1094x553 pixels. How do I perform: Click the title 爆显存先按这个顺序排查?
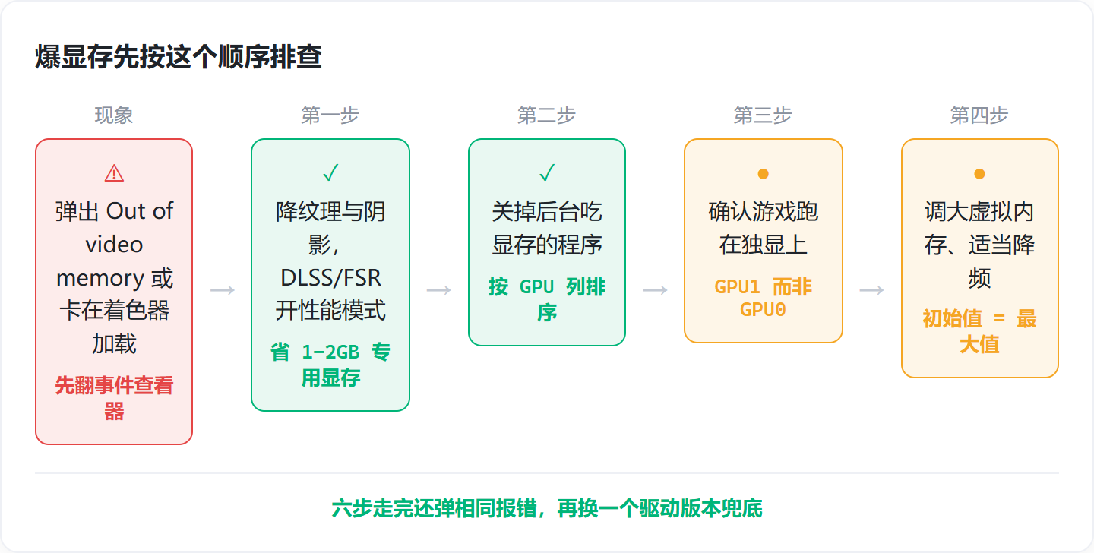179,57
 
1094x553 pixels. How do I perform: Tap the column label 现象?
114,115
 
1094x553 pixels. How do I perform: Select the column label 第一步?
330,115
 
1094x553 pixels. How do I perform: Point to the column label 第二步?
546,115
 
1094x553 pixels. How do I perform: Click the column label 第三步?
763,115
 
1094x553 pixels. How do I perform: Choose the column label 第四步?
979,115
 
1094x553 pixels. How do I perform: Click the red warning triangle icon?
114,173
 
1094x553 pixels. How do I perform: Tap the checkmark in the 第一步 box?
330,172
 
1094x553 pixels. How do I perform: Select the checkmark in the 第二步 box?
547,172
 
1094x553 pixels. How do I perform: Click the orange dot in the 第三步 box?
764,174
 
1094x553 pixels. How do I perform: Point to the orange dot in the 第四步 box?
979,174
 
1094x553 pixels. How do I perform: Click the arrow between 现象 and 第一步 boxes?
222,290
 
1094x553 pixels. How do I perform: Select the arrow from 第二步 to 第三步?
655,290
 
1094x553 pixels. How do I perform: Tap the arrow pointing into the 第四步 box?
871,290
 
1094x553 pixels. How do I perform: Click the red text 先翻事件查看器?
114,398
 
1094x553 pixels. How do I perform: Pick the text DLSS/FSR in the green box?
330,277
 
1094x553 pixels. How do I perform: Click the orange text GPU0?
763,309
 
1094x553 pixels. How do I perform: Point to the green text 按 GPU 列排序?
547,299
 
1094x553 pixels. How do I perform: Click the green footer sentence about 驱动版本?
547,508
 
